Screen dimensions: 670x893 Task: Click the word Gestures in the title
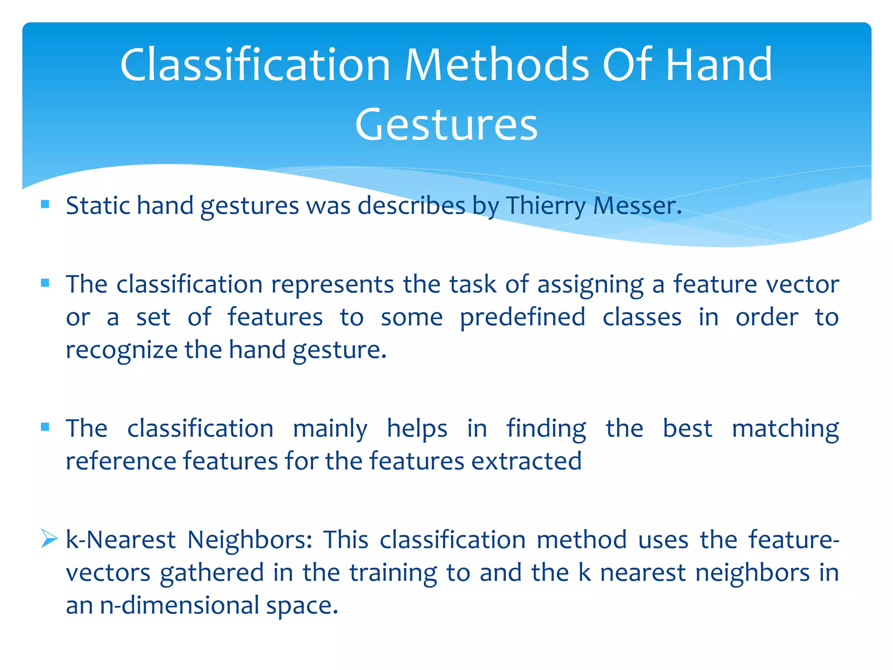446,125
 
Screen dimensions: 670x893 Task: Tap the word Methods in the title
497,65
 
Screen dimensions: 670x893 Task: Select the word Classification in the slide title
255,65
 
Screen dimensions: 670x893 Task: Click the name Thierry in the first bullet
545,206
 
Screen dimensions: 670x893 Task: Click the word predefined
522,318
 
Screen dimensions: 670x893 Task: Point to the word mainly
330,429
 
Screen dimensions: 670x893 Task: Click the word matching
785,429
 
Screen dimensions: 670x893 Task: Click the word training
393,573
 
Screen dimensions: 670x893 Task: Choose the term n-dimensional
179,605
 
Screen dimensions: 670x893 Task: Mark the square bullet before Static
45,204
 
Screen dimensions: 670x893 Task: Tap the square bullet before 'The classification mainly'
45,427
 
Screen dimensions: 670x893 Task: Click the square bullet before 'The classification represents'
45,283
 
